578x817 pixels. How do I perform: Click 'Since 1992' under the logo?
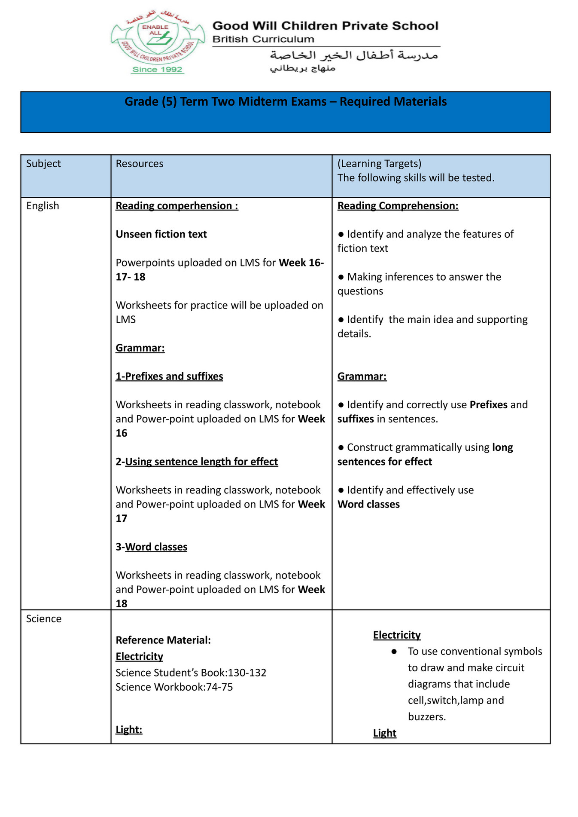[x=157, y=70]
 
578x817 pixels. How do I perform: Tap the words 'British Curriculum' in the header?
[x=263, y=39]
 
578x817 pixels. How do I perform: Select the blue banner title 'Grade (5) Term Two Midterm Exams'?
[x=285, y=102]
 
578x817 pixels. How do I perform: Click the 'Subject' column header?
[x=43, y=164]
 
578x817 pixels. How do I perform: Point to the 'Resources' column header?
[x=140, y=164]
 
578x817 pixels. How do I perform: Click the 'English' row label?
[x=43, y=206]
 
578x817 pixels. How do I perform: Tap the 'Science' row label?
[x=44, y=619]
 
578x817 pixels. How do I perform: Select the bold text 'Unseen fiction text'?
[x=161, y=234]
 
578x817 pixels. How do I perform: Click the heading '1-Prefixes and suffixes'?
[x=169, y=376]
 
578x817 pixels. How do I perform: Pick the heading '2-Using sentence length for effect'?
[x=197, y=462]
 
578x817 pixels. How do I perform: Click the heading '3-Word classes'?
[x=151, y=547]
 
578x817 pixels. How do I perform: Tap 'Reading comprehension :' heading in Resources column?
[x=176, y=206]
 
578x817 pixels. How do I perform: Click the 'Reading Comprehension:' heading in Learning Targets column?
[x=398, y=206]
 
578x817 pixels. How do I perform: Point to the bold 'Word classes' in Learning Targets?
[x=368, y=505]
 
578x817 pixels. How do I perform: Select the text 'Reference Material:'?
[x=163, y=640]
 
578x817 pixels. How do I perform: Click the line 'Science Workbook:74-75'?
[x=174, y=687]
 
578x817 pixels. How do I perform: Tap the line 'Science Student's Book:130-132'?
[x=191, y=673]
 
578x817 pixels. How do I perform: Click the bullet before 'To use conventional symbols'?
[x=394, y=652]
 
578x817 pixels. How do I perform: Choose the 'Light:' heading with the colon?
[x=129, y=730]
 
